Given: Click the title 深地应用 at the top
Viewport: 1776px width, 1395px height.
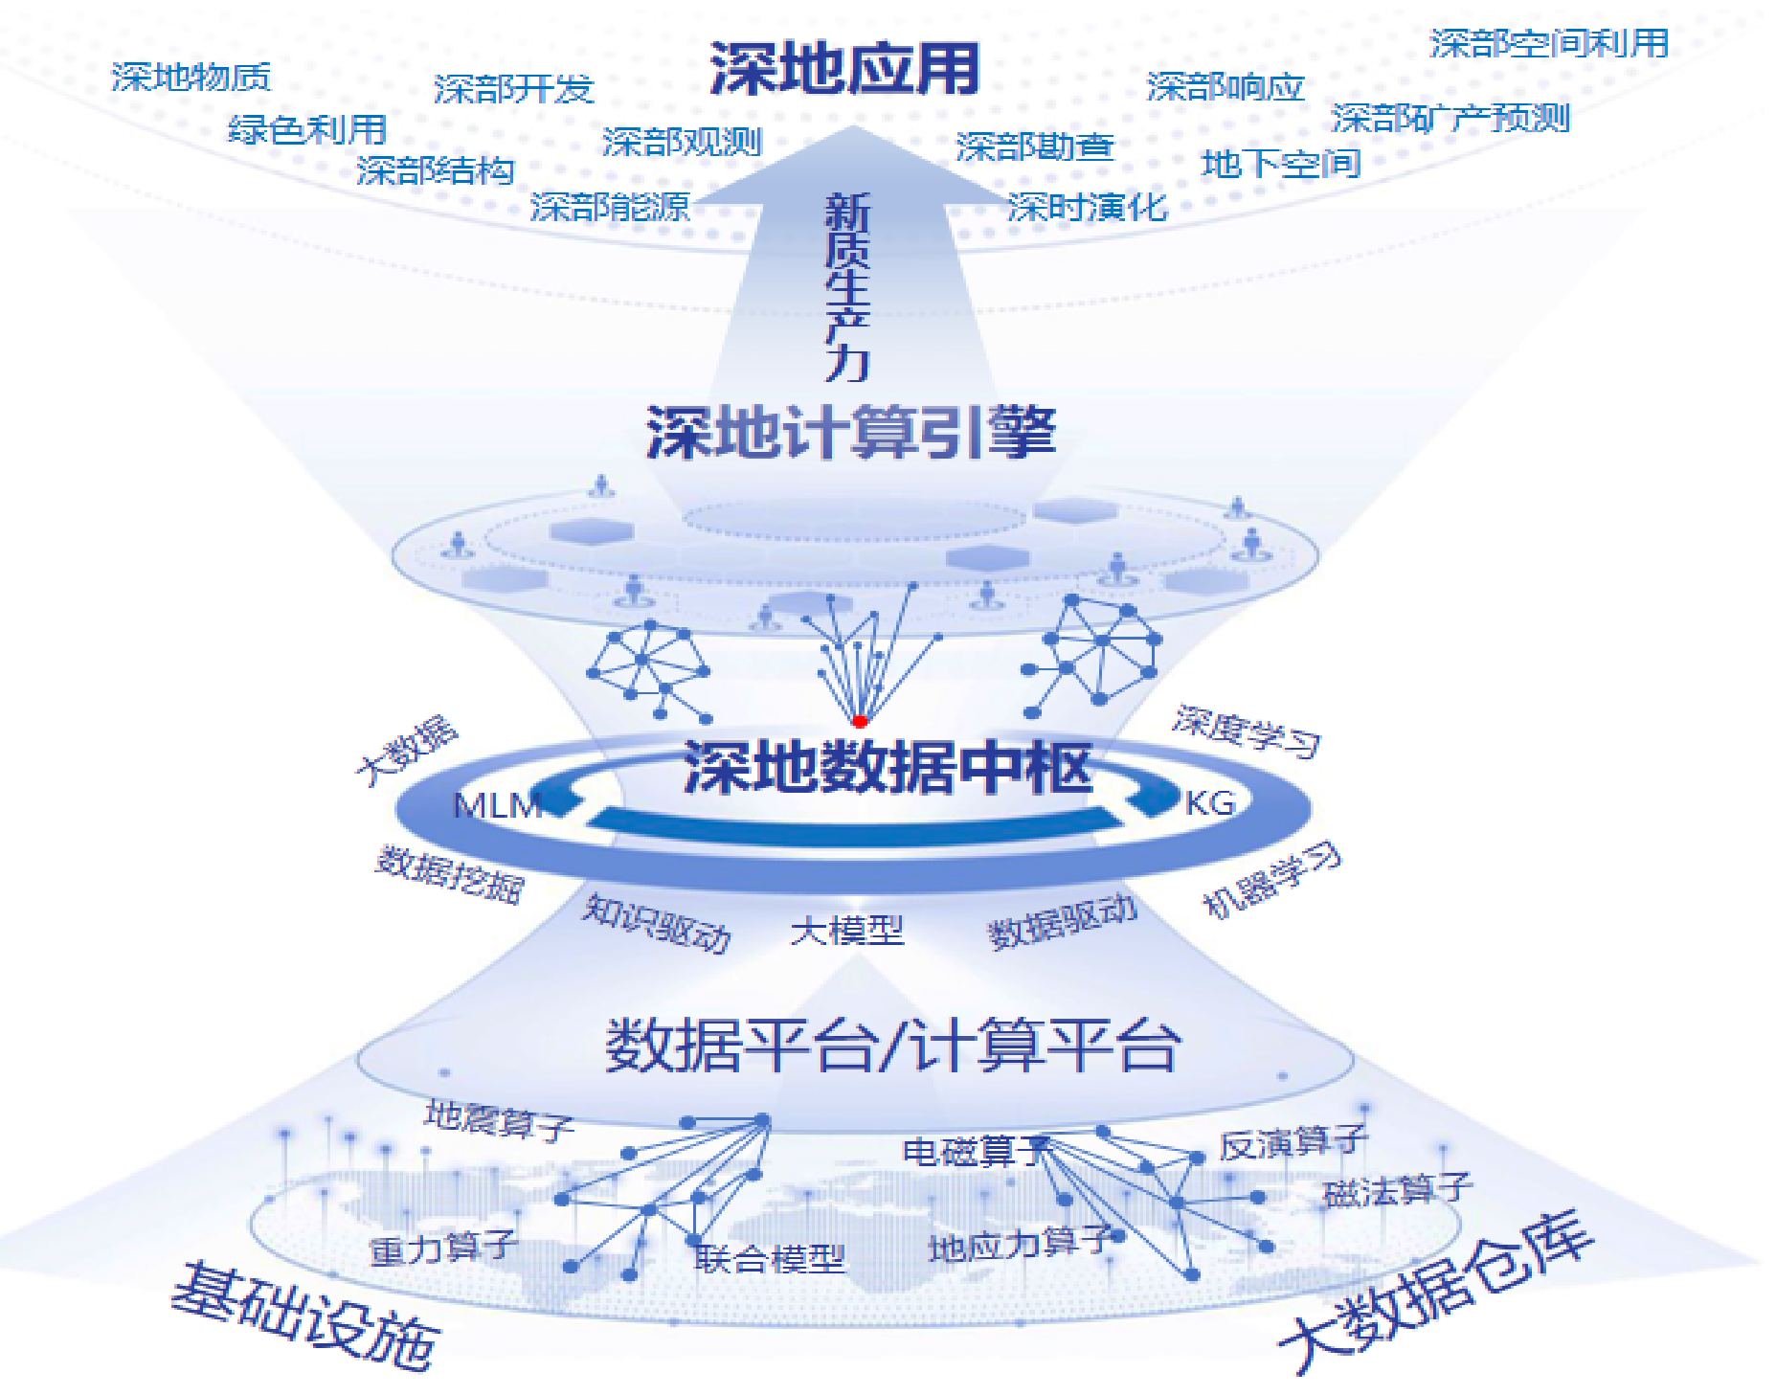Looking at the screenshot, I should tap(844, 69).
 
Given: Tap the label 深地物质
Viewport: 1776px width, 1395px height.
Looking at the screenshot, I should tap(191, 78).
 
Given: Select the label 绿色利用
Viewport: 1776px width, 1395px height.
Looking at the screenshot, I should tap(306, 129).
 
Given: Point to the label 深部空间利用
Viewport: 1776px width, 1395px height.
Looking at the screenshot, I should tap(1549, 43).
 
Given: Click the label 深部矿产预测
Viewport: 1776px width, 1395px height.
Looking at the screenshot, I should tap(1450, 118).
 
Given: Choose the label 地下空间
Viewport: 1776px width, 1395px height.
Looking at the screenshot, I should tap(1281, 164).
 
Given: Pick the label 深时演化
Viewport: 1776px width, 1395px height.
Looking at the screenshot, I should tap(1087, 207).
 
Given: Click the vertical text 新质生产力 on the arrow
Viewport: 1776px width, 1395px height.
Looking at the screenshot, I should tap(847, 286).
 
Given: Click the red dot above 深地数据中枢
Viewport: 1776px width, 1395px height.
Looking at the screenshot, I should tap(860, 721).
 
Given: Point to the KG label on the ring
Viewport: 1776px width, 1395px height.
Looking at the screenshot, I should tap(1210, 802).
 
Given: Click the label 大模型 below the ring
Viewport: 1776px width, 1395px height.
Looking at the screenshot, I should tap(847, 930).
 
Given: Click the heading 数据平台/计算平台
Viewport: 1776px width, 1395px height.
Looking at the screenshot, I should tap(892, 1046).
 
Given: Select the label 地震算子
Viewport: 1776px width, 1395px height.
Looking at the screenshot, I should tap(499, 1119).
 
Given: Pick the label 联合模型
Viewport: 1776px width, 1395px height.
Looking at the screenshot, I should tap(770, 1258).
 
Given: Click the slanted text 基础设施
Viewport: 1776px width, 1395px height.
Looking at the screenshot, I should tap(304, 1316).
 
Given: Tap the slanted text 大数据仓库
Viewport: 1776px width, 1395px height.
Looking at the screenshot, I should tap(1436, 1293).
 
